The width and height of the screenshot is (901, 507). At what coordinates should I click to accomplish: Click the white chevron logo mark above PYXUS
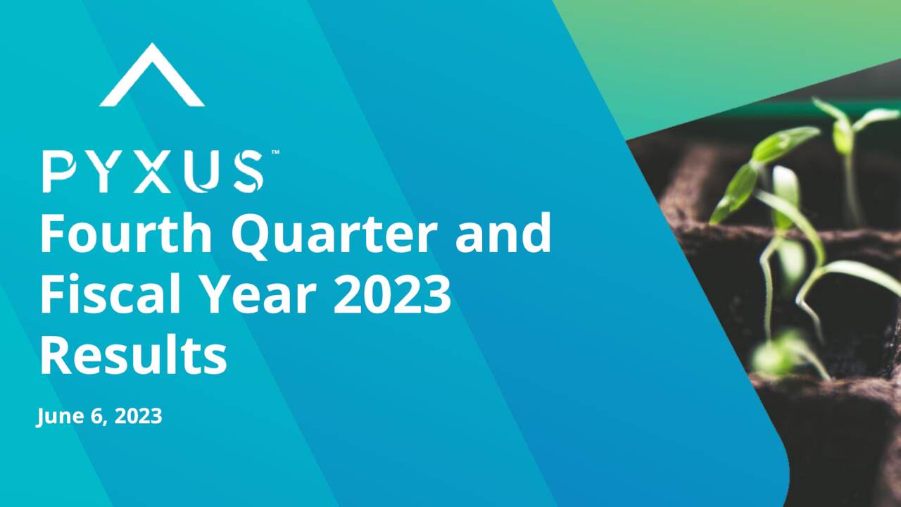[x=152, y=76]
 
